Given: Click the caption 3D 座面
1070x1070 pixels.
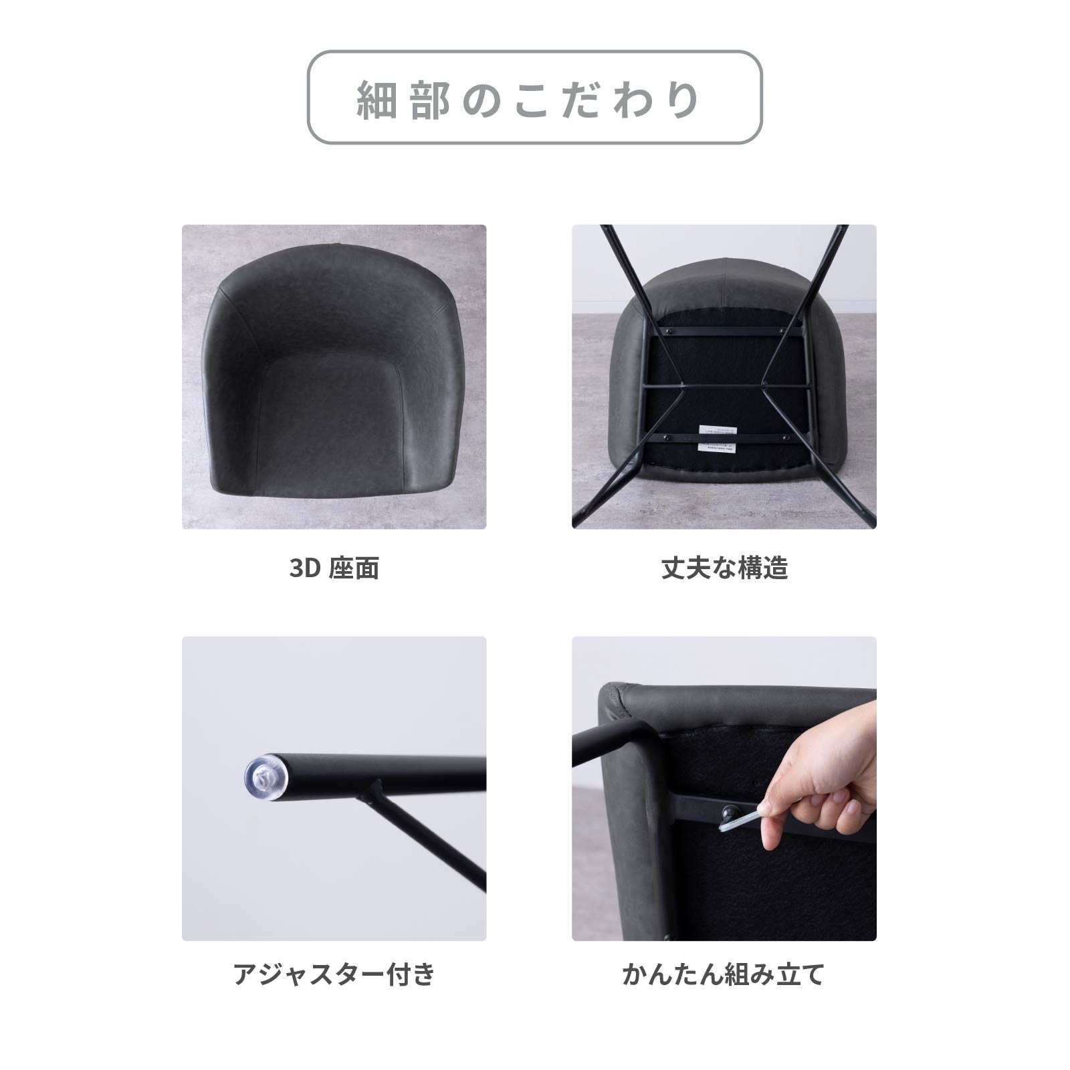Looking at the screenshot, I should [x=334, y=568].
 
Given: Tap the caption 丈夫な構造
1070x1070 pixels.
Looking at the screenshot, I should [x=724, y=568].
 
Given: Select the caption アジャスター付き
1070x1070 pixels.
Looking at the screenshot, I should [x=334, y=974].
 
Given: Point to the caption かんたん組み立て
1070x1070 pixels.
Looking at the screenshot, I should [x=724, y=974].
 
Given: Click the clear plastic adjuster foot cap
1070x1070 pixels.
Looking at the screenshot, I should [x=265, y=778].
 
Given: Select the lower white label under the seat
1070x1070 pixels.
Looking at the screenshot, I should [x=716, y=447].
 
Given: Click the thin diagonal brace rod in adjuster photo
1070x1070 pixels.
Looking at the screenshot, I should [x=428, y=843].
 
